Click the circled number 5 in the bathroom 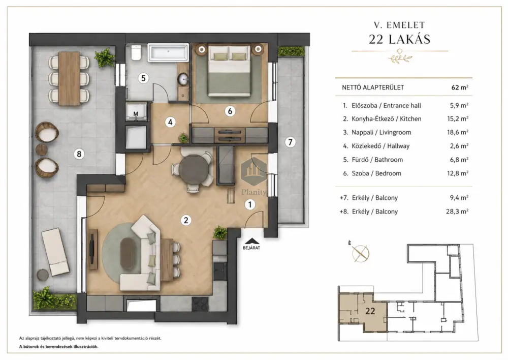pyautogui.click(x=143, y=78)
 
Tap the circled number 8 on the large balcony pyautogui.click(x=79, y=154)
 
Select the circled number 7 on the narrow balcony pyautogui.click(x=290, y=142)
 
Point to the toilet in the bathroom pyautogui.click(x=136, y=52)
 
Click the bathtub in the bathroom pyautogui.click(x=168, y=53)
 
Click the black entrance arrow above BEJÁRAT pyautogui.click(x=252, y=241)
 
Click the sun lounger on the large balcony pyautogui.click(x=55, y=252)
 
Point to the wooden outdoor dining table pyautogui.click(x=69, y=78)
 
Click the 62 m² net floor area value pyautogui.click(x=460, y=87)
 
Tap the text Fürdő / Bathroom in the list pyautogui.click(x=377, y=160)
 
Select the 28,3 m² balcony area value pyautogui.click(x=457, y=212)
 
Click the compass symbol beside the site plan pyautogui.click(x=361, y=253)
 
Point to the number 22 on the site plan pyautogui.click(x=370, y=311)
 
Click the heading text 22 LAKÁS pyautogui.click(x=400, y=39)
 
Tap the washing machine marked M pyautogui.click(x=136, y=111)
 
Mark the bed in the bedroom pyautogui.click(x=229, y=71)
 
